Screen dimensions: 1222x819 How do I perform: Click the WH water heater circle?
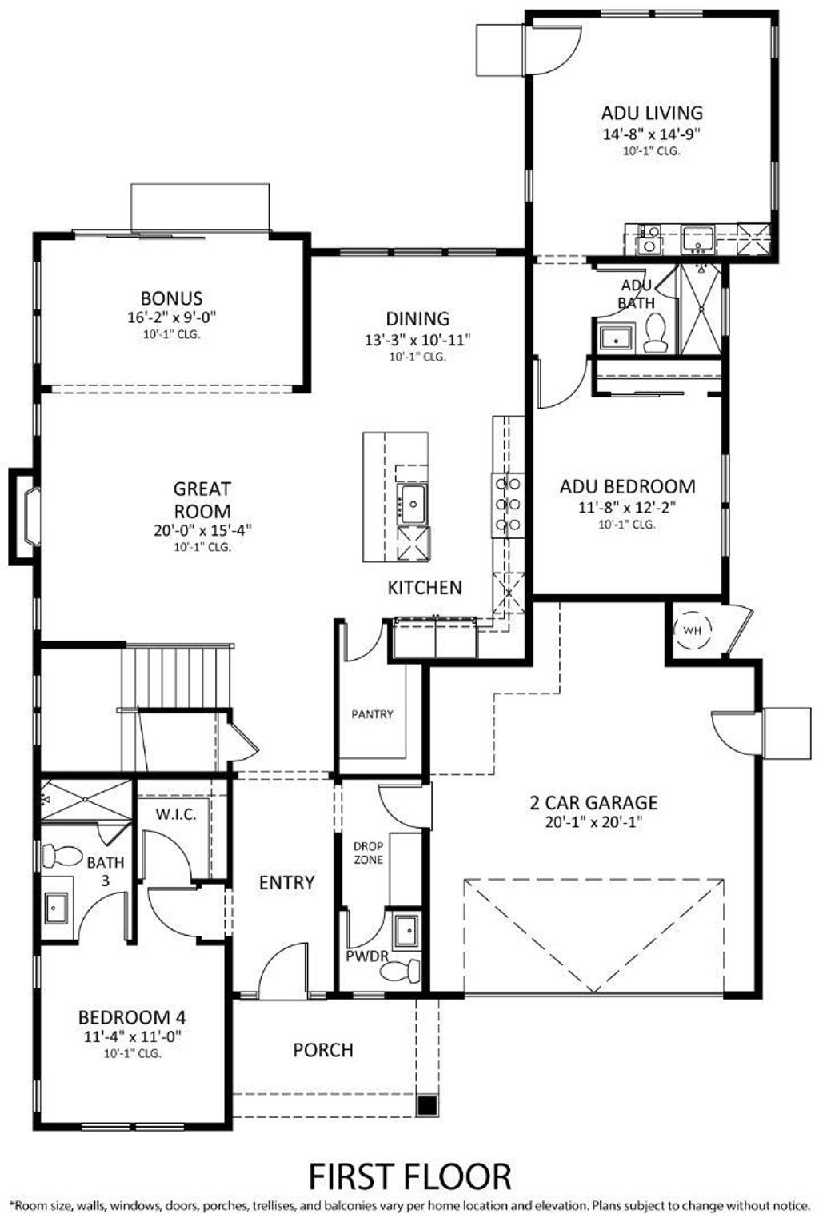coord(691,630)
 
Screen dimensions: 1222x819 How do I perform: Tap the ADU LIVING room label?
coord(652,113)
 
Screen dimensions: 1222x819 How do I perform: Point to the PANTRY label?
coord(372,714)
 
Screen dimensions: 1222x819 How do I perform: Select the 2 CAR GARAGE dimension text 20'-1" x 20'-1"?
coord(593,821)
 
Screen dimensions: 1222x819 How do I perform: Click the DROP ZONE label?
coord(368,853)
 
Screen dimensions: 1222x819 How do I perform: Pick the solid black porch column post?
coord(428,1106)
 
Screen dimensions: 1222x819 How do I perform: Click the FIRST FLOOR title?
coord(409,1176)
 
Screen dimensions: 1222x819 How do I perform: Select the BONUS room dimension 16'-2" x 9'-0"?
coord(171,317)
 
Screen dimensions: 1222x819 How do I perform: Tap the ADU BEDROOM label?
coord(627,486)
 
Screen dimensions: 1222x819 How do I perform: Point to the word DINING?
coord(417,318)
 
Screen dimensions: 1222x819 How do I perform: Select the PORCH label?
coord(323,1049)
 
